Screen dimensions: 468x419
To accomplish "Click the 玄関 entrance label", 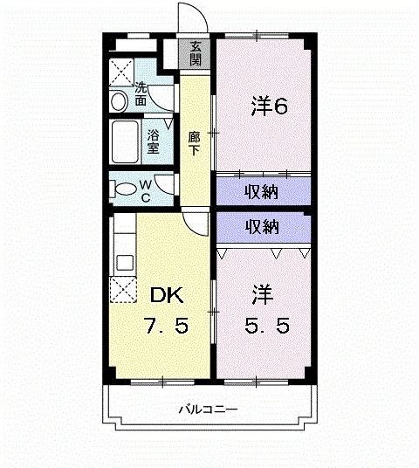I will (x=196, y=54).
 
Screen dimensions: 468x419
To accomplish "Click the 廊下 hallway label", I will (x=195, y=142).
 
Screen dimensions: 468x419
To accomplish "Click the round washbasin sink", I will (x=120, y=101).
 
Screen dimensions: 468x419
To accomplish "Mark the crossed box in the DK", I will (x=122, y=289).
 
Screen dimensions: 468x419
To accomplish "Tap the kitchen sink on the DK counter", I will (x=121, y=260).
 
